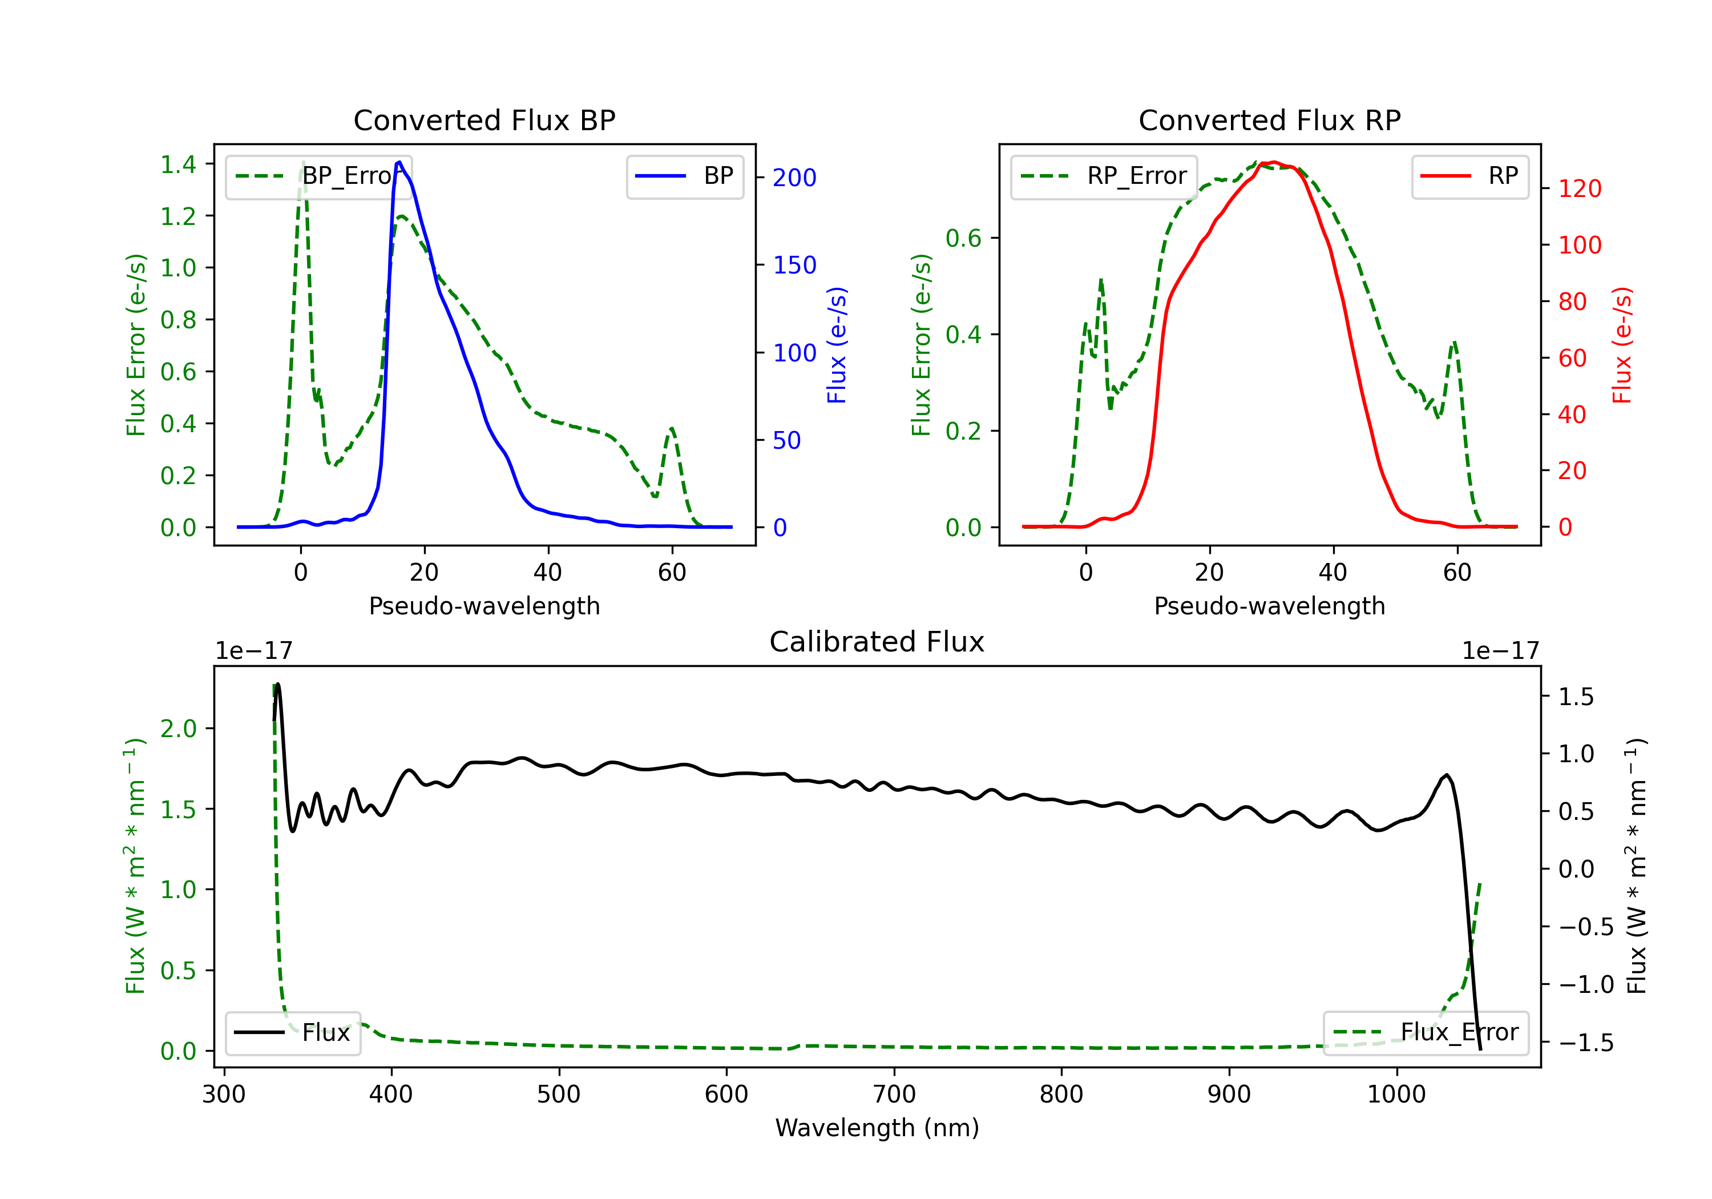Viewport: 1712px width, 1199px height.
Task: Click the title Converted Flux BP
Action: pos(484,120)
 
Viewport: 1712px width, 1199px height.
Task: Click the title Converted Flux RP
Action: pos(1269,120)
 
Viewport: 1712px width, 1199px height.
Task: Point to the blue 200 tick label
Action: pos(794,178)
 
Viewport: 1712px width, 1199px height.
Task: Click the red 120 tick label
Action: pos(1579,189)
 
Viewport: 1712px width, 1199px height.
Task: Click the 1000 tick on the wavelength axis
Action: pos(1396,1095)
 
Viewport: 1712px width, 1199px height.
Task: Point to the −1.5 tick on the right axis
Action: pos(1585,1043)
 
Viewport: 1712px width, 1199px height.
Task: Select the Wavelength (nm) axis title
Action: pos(877,1128)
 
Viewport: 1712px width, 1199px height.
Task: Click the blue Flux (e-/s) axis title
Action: pos(837,345)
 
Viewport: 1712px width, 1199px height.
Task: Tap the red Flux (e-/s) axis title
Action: pos(1622,345)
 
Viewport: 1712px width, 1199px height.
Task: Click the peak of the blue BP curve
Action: pos(399,162)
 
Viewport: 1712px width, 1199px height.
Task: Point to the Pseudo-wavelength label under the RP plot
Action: pos(1269,606)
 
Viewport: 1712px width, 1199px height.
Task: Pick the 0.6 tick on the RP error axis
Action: pos(963,239)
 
